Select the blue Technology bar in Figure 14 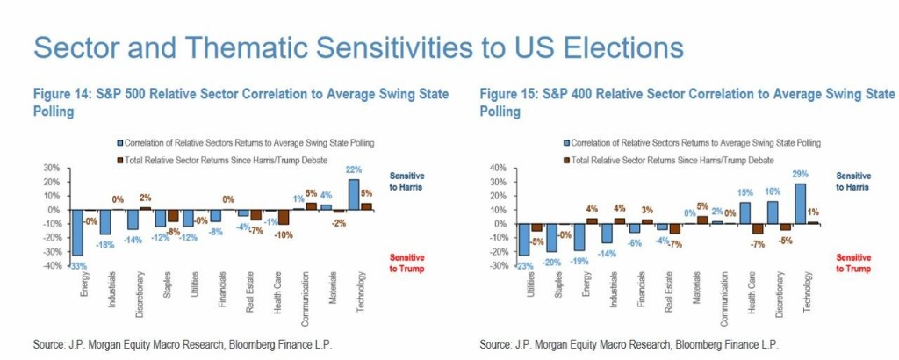pos(354,194)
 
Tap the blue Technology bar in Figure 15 pos(799,204)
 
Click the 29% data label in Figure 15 pos(800,175)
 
